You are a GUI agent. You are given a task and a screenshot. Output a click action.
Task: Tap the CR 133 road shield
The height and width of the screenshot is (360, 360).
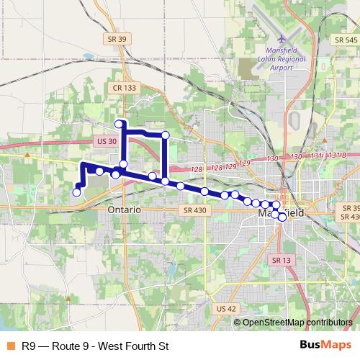pyautogui.click(x=125, y=87)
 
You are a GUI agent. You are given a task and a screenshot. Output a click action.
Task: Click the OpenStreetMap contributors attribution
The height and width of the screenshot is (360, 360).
pyautogui.click(x=297, y=323)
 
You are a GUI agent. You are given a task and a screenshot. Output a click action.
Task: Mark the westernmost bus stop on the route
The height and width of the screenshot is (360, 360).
pyautogui.click(x=77, y=192)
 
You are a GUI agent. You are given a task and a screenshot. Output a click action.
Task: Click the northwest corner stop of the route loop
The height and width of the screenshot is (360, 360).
pyautogui.click(x=120, y=124)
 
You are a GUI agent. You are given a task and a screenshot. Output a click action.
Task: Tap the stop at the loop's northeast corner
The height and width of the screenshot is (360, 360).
pyautogui.click(x=165, y=135)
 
